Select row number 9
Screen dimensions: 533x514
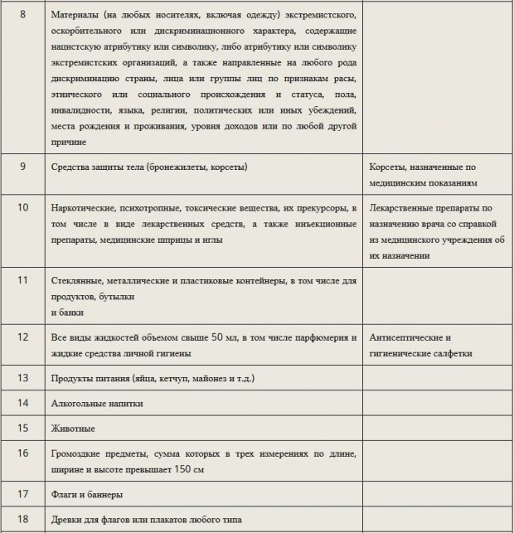point(23,166)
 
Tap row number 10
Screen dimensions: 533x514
point(23,206)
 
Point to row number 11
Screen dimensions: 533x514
point(23,281)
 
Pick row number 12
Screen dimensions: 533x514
point(23,337)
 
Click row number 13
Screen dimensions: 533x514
point(23,378)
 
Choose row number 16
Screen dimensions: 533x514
point(23,453)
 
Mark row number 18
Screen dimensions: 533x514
point(23,519)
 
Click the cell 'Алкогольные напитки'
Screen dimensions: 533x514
point(97,404)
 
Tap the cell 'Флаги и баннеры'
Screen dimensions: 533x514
point(88,495)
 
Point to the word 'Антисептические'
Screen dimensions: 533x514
point(410,338)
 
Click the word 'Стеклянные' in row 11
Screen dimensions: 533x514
point(80,282)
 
